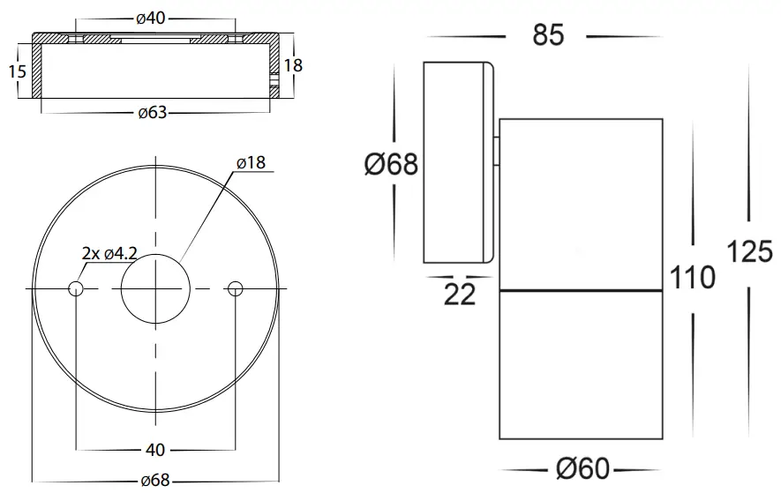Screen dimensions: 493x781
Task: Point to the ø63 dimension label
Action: (x=154, y=113)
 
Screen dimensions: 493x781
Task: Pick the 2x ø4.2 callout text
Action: (x=109, y=253)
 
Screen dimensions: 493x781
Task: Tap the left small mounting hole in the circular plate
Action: (x=77, y=288)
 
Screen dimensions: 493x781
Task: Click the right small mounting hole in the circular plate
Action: (x=234, y=288)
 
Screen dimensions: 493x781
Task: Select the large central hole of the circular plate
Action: (x=155, y=288)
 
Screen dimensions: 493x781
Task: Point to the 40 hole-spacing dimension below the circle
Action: (x=155, y=451)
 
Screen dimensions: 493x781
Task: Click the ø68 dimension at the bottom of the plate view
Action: (x=155, y=481)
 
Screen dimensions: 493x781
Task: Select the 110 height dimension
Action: (x=693, y=278)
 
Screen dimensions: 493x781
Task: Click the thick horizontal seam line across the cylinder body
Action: (x=581, y=290)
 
